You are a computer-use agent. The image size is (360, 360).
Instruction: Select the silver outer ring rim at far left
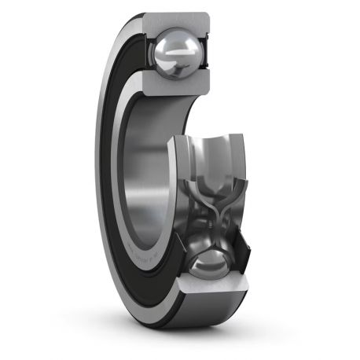(x=101, y=157)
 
